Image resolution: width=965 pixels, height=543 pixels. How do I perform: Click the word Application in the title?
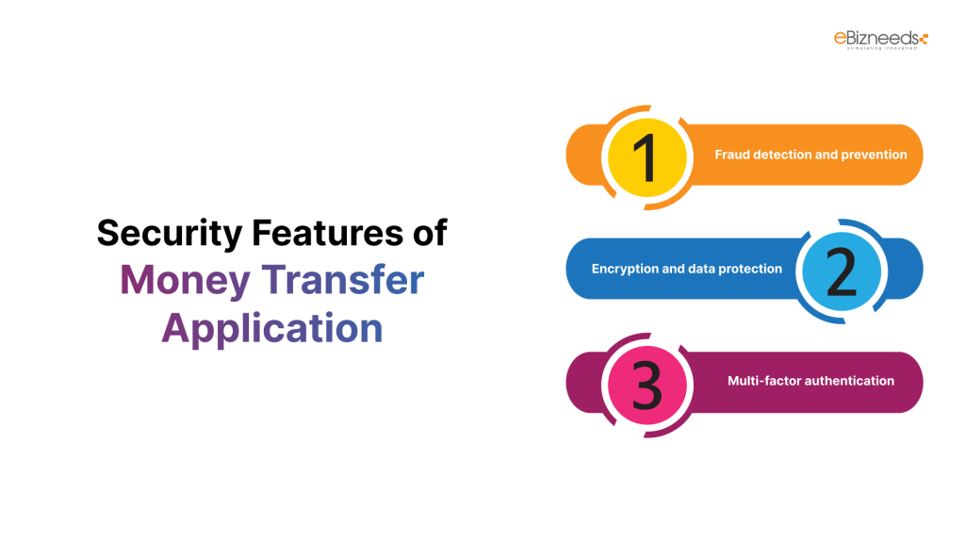coord(272,329)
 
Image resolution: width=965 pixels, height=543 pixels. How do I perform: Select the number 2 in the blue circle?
coord(841,270)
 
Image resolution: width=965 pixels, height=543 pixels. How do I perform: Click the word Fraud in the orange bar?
coord(732,155)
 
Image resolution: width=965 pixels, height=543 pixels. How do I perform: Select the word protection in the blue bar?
coord(748,269)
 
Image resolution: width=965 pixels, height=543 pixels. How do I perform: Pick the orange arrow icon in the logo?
coord(924,39)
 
